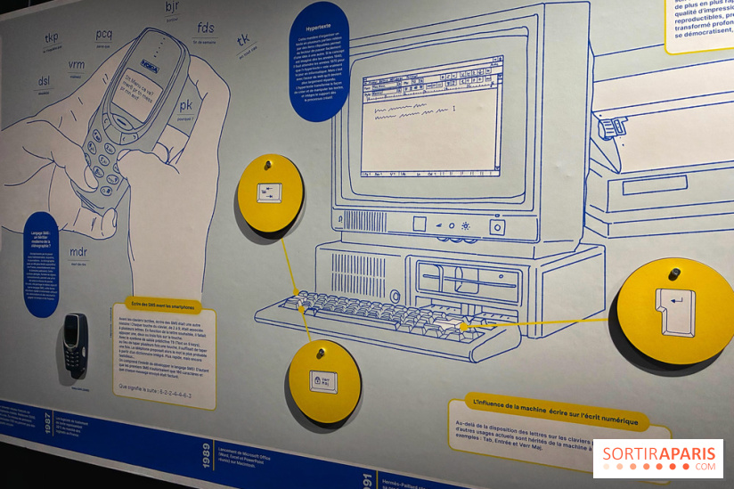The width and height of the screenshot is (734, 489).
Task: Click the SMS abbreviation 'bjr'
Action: coord(172,8)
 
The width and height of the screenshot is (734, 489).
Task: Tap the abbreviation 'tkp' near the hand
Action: coord(52,38)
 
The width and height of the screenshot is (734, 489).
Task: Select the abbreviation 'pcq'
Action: coord(104,35)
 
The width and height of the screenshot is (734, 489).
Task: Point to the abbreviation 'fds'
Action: coord(206,28)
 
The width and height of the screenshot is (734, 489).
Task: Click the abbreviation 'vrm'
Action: coord(77,64)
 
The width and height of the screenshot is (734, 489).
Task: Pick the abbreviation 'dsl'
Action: coord(45,82)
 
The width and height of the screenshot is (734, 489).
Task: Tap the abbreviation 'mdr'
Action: coord(79,252)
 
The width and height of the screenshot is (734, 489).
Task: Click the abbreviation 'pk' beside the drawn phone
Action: coord(185,105)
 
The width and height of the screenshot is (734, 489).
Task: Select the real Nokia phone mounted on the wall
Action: coord(76,346)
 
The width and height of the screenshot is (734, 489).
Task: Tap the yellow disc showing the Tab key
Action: coord(270,193)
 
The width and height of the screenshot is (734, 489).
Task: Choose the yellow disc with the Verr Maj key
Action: coord(323,380)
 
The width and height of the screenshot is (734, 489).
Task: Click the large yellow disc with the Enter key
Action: coord(674,311)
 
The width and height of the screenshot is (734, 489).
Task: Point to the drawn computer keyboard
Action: coord(392,319)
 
